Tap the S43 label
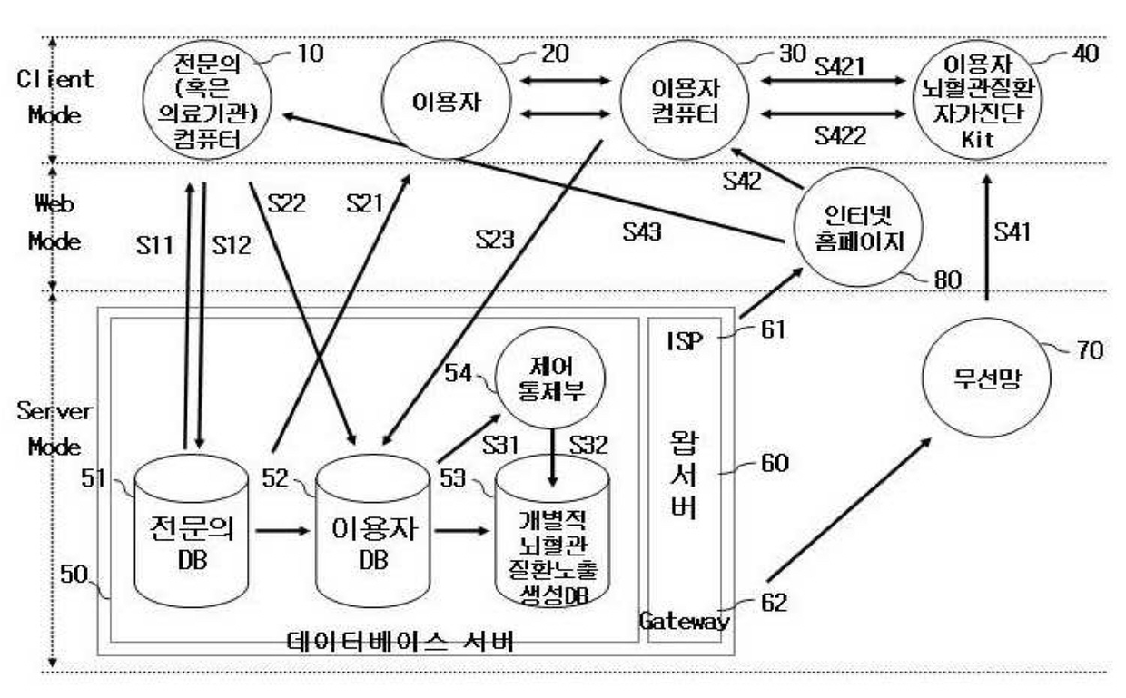(x=641, y=231)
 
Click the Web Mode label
(x=55, y=224)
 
